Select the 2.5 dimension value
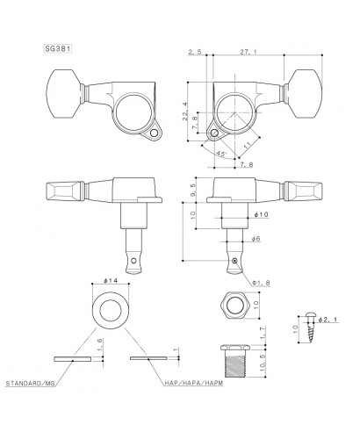(196, 54)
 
